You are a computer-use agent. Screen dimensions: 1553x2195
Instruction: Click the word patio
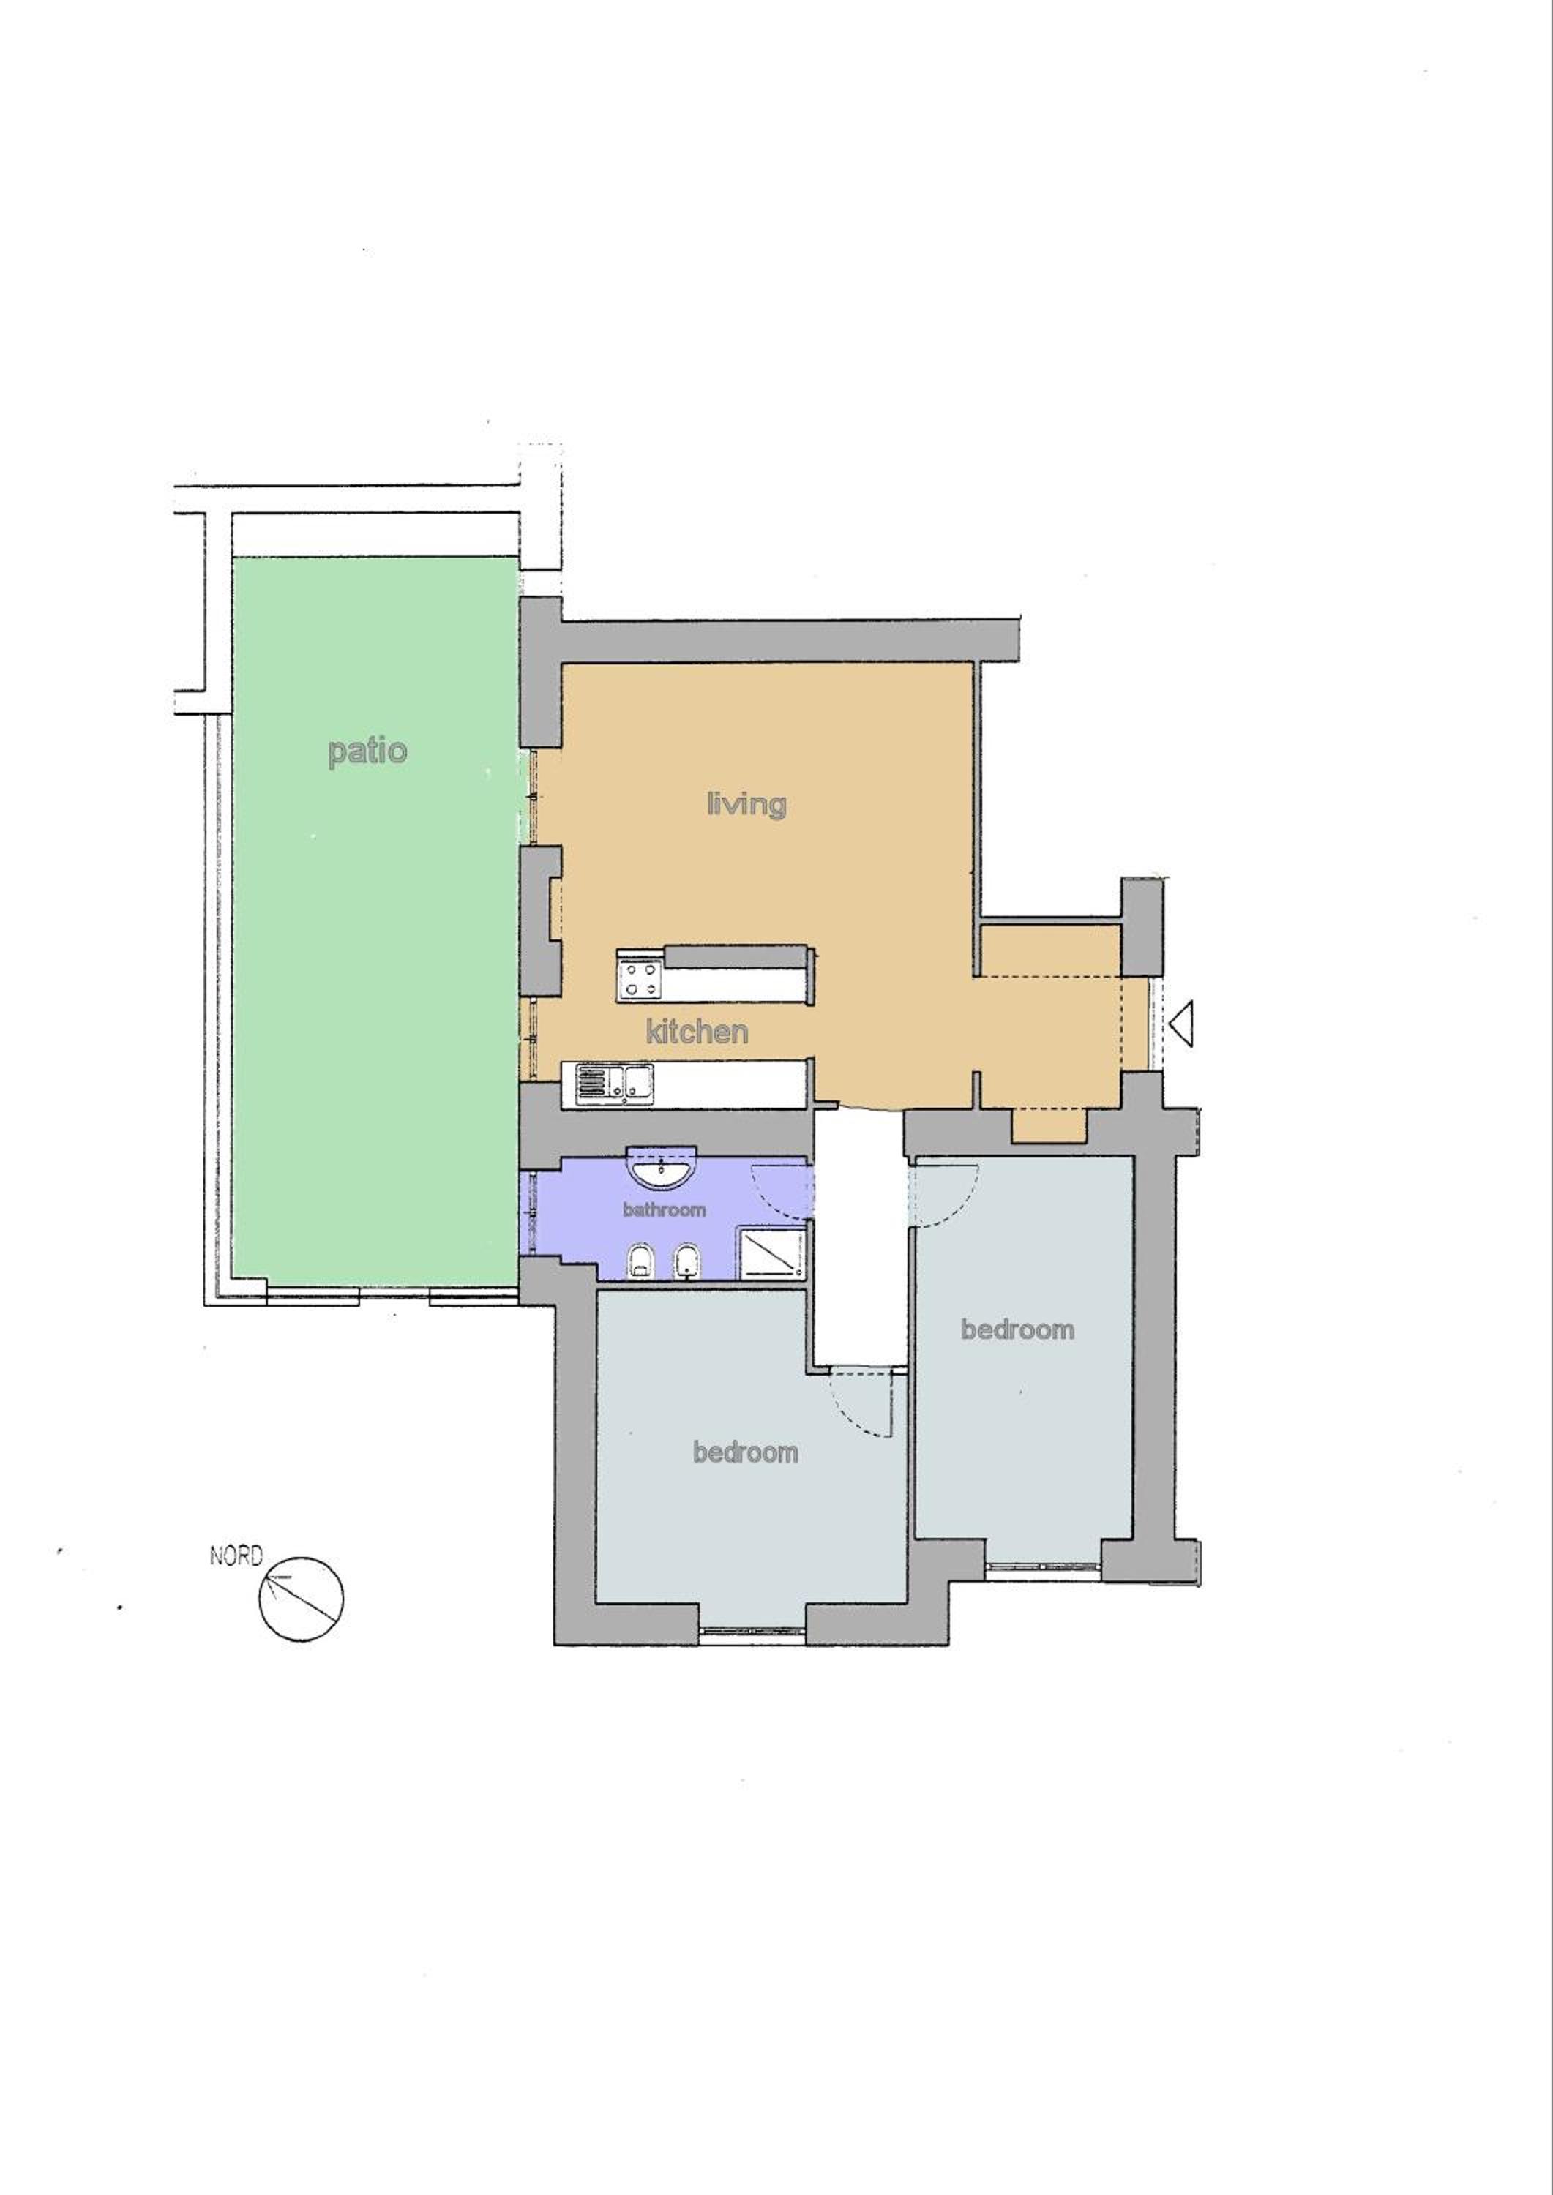pos(367,751)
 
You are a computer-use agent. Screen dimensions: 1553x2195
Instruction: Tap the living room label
pos(746,803)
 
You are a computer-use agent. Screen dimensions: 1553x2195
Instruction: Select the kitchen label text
pos(697,1032)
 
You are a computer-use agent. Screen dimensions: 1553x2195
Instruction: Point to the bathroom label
pos(664,1209)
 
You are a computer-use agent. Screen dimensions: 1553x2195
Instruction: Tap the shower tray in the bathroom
pos(770,1253)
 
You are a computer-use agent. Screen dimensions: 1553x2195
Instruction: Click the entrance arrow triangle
pos(1182,1022)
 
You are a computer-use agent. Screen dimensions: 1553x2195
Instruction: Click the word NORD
pos(235,1556)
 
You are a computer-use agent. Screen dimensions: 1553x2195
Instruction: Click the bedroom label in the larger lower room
pos(745,1452)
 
